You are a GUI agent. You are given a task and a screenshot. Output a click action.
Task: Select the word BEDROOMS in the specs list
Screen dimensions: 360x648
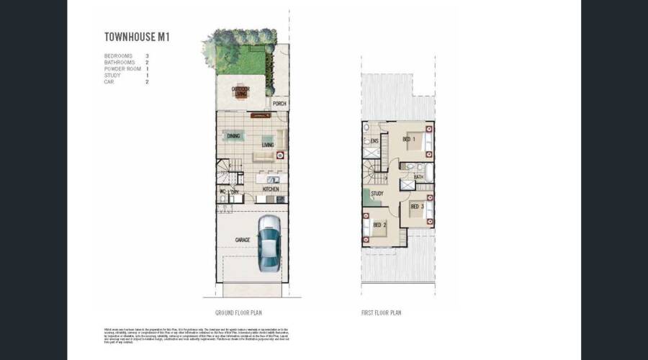pyautogui.click(x=118, y=55)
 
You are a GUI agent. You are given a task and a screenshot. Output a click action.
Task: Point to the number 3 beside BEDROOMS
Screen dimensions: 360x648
pyautogui.click(x=147, y=55)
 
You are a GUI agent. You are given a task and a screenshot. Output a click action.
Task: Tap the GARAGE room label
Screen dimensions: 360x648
pyautogui.click(x=243, y=240)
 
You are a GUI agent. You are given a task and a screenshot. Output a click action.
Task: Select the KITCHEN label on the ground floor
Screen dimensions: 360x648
pyautogui.click(x=271, y=189)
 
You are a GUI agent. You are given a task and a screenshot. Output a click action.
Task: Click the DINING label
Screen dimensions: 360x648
pyautogui.click(x=233, y=136)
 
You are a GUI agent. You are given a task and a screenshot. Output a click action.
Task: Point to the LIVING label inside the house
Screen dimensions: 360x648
pyautogui.click(x=268, y=145)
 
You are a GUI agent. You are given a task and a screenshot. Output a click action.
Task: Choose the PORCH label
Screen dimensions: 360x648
pyautogui.click(x=279, y=104)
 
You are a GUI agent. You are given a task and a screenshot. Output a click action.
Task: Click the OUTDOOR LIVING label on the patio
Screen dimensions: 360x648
pyautogui.click(x=240, y=90)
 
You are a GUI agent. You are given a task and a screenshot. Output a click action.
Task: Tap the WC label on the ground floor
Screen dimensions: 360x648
pyautogui.click(x=222, y=192)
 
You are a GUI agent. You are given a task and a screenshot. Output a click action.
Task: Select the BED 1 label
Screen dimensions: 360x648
pyautogui.click(x=408, y=139)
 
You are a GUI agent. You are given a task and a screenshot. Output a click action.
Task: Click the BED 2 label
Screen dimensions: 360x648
pyautogui.click(x=379, y=225)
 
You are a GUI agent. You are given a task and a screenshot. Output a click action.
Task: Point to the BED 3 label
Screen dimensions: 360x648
pyautogui.click(x=416, y=207)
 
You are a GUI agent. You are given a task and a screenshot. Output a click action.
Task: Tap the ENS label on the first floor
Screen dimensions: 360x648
pyautogui.click(x=374, y=141)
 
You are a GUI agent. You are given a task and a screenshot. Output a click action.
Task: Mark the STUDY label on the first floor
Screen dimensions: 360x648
pyautogui.click(x=377, y=194)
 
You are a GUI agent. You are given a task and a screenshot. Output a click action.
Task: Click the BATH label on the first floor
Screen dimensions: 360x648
pyautogui.click(x=418, y=176)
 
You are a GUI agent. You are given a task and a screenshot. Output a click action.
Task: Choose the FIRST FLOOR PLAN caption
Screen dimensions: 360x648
pyautogui.click(x=381, y=313)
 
